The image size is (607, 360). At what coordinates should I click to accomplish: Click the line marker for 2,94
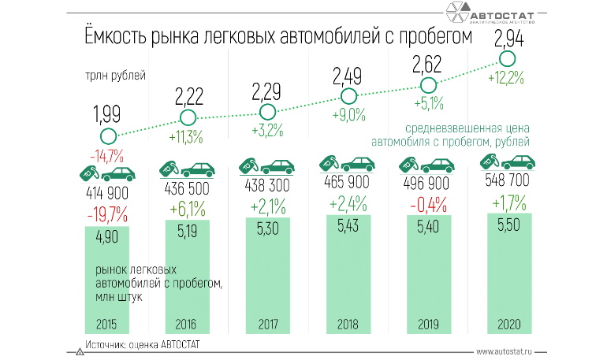[x=506, y=59]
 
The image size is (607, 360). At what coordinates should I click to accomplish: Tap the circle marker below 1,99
[x=108, y=137]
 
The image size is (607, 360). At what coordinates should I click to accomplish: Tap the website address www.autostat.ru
[x=509, y=351]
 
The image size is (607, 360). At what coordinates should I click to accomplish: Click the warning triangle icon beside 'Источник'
[x=78, y=351]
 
